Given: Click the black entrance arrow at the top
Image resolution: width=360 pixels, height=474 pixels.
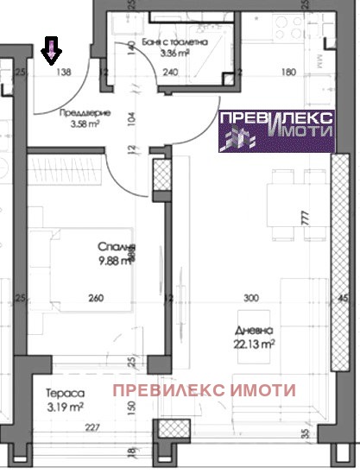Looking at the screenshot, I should [52, 53].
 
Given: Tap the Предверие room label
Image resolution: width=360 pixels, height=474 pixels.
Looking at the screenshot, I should [78, 112].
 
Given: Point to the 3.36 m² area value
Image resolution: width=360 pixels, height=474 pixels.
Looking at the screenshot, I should [175, 53].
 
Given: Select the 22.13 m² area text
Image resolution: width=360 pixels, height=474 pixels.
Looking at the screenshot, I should [255, 344].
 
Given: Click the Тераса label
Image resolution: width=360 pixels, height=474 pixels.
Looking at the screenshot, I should [65, 392].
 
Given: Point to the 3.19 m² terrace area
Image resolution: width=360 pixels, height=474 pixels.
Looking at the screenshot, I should [65, 405].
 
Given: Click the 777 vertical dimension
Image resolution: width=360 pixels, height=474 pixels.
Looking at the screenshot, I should [305, 219].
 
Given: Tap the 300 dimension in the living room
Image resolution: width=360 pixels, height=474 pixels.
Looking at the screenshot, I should [251, 299].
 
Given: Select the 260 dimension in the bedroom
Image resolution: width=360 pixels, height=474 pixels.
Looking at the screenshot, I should [96, 299].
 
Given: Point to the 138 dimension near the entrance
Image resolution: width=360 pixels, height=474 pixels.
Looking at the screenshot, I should [63, 73].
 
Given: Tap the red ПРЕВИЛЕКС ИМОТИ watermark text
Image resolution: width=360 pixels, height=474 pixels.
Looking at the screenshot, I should [205, 390].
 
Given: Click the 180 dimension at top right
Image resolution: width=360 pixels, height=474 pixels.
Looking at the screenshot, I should [289, 73].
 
